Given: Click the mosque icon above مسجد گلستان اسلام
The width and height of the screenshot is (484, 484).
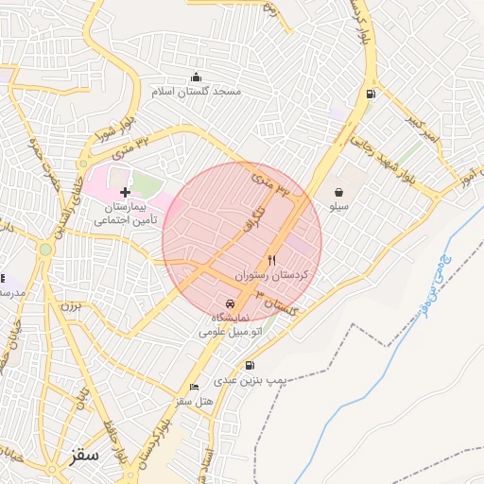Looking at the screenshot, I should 196,78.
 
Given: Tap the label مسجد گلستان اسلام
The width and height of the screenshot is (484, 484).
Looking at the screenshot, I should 197,92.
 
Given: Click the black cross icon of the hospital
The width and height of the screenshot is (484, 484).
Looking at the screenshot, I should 125,192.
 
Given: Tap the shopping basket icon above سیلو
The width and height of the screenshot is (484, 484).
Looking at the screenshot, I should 338,191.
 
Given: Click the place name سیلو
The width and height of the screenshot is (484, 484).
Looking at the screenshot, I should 338,204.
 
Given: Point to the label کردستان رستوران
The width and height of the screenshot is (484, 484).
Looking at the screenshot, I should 279,273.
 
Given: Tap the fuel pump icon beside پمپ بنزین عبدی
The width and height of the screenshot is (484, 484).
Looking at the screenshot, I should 249,365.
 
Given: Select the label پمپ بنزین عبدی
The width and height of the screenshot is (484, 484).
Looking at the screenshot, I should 249,379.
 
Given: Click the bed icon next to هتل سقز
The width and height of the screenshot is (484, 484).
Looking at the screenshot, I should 195,387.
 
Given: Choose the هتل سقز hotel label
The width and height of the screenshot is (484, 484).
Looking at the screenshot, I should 195,401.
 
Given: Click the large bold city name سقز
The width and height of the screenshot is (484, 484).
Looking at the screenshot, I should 84,455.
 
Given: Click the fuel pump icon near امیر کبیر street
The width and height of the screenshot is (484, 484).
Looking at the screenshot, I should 369,94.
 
